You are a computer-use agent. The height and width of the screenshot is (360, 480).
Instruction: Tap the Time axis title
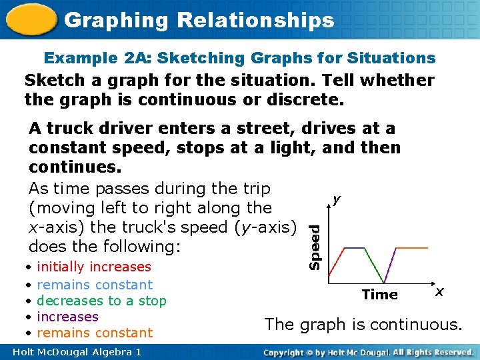(x=379, y=294)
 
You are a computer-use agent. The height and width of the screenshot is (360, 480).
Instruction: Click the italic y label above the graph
(x=337, y=199)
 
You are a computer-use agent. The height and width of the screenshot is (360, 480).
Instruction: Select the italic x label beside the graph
(x=439, y=292)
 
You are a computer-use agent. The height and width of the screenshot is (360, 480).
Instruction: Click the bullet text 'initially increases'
(x=94, y=267)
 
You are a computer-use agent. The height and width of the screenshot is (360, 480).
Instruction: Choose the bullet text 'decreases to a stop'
(x=101, y=301)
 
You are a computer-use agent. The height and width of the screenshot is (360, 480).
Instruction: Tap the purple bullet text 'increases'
(x=67, y=317)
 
